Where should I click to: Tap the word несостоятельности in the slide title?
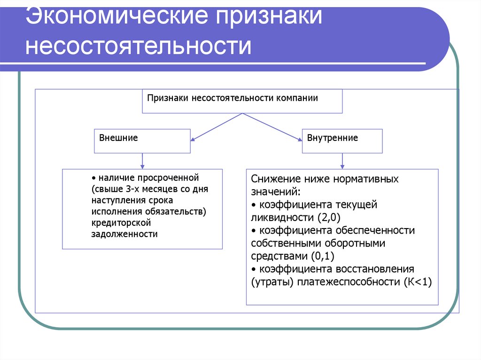(139, 47)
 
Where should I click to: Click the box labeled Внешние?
(142, 141)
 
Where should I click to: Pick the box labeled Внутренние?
(342, 141)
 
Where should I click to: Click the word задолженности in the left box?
(125, 234)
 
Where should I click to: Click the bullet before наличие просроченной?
(93, 178)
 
